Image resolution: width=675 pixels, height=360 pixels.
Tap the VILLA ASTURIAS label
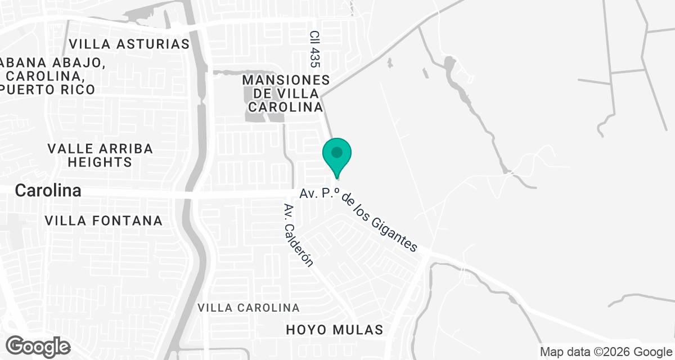point(129,44)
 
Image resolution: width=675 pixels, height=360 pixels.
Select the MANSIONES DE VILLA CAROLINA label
point(286,93)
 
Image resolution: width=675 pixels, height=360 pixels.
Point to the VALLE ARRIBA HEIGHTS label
point(100,155)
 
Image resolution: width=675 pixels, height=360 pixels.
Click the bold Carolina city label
point(48,191)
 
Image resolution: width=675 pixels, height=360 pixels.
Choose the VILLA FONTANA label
point(103,220)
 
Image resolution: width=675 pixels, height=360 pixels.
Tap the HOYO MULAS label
point(334,330)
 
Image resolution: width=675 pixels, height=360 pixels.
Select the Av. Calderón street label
point(298,235)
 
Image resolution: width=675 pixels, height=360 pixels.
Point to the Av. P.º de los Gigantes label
point(359,219)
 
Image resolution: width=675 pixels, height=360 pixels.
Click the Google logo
point(38,346)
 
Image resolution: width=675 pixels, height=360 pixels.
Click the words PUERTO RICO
point(48,89)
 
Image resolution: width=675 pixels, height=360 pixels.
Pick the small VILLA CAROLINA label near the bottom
point(249,308)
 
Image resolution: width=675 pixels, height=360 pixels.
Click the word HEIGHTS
point(100,163)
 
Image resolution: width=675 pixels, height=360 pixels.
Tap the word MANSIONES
point(286,80)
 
